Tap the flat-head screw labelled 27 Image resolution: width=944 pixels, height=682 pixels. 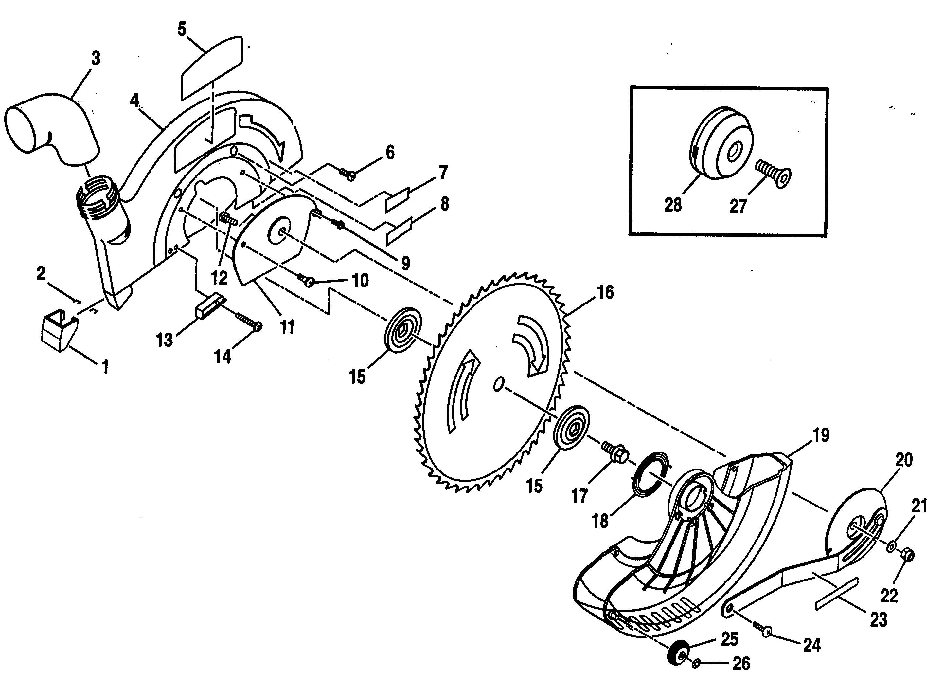tap(773, 175)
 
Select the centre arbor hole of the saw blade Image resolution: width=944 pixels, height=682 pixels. tap(497, 384)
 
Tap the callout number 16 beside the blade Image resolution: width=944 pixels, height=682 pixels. tap(606, 292)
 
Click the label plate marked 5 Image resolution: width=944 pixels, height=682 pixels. tap(211, 67)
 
